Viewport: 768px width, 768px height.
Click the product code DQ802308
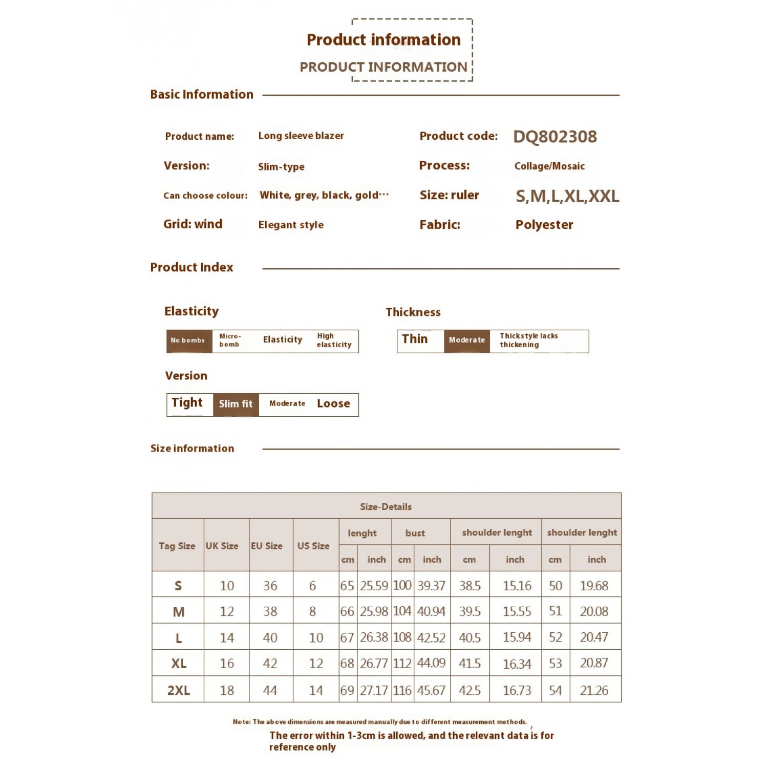[555, 137]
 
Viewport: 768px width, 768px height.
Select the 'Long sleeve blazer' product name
[301, 136]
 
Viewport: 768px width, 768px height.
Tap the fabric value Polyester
[544, 225]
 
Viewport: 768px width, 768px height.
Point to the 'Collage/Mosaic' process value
[549, 166]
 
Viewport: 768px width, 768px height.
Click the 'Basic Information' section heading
[202, 94]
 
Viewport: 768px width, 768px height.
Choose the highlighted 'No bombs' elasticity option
[188, 340]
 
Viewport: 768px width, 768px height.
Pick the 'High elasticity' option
[334, 340]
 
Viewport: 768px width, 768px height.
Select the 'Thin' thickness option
[415, 339]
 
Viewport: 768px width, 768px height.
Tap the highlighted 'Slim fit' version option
[236, 404]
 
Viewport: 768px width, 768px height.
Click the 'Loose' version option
[333, 404]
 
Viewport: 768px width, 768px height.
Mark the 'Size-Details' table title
[386, 507]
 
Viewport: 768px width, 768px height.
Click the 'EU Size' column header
[267, 546]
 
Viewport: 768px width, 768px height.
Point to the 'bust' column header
[415, 533]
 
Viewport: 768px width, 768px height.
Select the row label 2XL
[178, 690]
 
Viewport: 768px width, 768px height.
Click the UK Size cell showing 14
[227, 638]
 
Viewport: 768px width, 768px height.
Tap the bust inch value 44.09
[431, 663]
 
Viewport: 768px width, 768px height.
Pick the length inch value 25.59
[374, 586]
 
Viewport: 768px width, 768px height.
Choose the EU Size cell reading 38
[270, 612]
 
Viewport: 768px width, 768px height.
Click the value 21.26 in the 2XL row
[594, 691]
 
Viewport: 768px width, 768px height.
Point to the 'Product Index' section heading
[191, 267]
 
